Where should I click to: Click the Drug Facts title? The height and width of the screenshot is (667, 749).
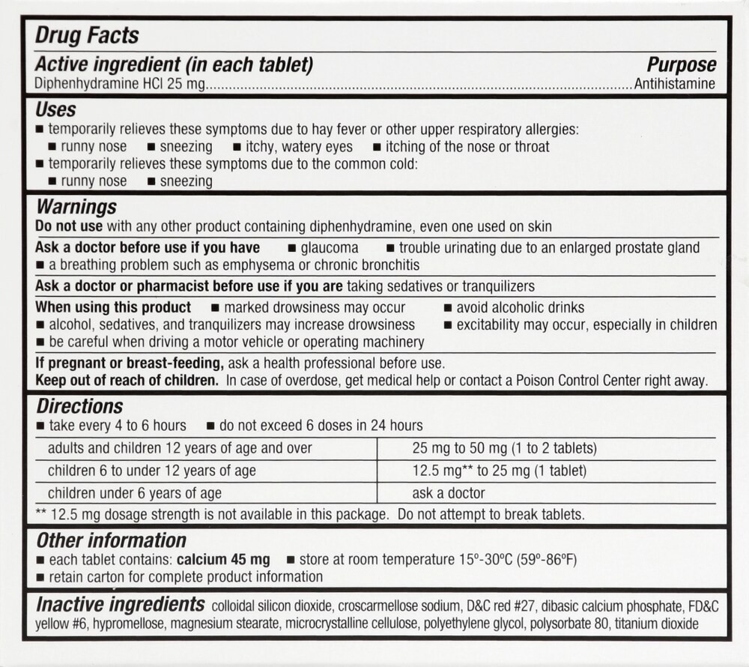pos(87,35)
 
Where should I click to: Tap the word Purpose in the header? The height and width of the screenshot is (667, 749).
pos(681,65)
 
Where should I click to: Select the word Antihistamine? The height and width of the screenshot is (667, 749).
pos(674,84)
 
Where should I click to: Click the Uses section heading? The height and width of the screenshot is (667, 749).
pos(55,110)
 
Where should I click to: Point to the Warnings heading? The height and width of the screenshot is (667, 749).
pos(76,206)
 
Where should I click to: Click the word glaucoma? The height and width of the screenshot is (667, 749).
pos(329,247)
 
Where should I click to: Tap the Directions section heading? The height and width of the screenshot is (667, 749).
pos(79,406)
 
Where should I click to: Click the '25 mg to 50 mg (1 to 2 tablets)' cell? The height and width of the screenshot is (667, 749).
pos(504,448)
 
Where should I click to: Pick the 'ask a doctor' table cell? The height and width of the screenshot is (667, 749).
pos(448,493)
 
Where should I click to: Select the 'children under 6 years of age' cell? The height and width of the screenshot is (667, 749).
pos(135,493)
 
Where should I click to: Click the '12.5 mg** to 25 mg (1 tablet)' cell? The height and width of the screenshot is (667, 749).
pos(499,471)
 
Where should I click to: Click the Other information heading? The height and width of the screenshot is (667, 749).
pos(111,540)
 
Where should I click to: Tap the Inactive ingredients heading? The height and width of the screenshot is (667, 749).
pos(120,605)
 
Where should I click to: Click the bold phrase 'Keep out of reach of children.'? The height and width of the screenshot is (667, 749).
pos(127,381)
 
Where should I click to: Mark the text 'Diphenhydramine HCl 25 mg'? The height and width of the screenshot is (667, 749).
pos(120,84)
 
